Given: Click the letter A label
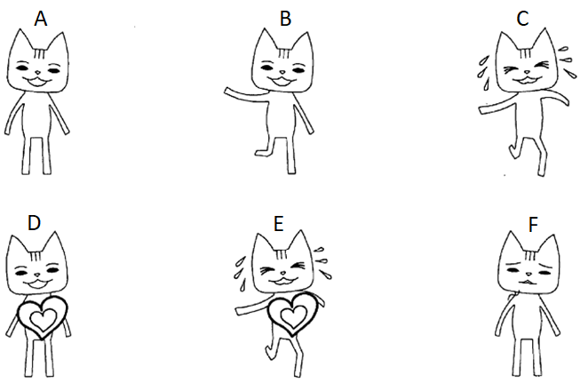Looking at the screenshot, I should (39, 18).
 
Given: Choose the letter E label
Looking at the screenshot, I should (279, 222).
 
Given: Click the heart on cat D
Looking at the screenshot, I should (41, 317).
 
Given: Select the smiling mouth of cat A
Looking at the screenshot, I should (39, 83).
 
